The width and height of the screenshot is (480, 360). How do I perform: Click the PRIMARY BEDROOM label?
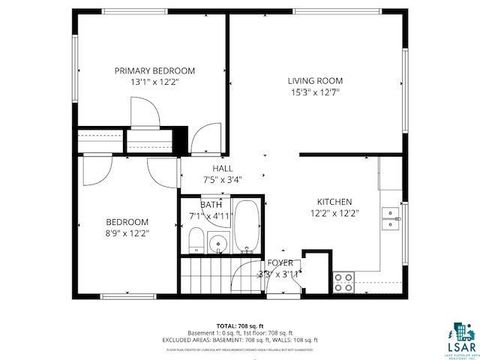pos(154,71)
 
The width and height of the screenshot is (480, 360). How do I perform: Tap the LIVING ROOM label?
pos(315,80)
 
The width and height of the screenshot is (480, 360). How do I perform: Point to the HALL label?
pos(222,169)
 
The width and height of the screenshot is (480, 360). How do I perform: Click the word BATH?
pos(211,205)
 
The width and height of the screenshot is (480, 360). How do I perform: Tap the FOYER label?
pos(279,262)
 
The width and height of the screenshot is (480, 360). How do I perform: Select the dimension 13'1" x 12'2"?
pos(154,83)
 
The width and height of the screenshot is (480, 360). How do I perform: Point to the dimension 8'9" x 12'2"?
pos(128,233)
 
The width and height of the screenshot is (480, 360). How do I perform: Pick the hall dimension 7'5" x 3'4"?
pos(222,180)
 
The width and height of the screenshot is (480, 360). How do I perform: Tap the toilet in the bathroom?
pos(197,239)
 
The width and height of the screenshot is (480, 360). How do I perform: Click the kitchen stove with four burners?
pos(344,279)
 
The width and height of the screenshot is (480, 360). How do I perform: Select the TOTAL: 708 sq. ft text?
pos(238,325)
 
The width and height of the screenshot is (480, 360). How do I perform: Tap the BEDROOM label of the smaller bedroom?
pos(128,221)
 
